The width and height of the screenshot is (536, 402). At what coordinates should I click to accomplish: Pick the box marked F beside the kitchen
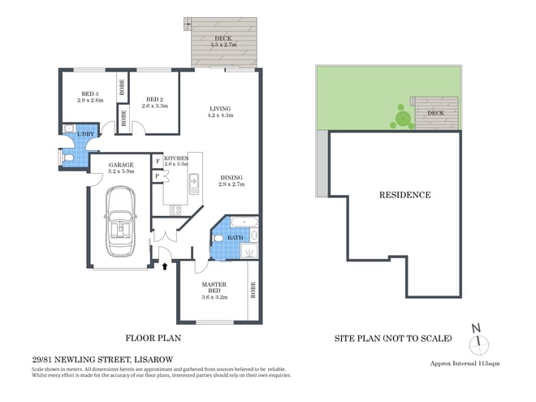(157, 161)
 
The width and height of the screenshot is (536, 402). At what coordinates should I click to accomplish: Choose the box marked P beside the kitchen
(157, 175)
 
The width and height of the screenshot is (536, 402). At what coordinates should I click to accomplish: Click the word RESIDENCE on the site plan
(404, 195)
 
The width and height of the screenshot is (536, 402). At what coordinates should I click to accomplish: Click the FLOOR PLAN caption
(152, 338)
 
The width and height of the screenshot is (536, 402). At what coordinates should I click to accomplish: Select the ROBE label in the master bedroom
(253, 290)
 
